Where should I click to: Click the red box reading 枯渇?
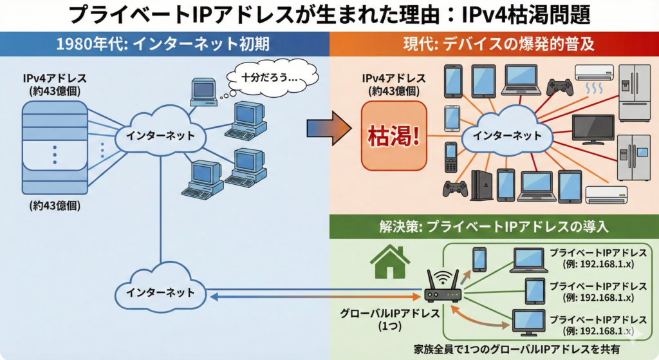tap(393, 136)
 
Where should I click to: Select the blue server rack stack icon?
tap(54, 144)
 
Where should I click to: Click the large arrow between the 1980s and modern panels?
tap(328, 129)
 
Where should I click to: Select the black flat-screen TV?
tap(593, 129)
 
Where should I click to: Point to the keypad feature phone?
tap(450, 158)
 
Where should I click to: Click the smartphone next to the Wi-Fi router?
tap(479, 259)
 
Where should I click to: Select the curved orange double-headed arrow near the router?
tap(479, 316)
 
